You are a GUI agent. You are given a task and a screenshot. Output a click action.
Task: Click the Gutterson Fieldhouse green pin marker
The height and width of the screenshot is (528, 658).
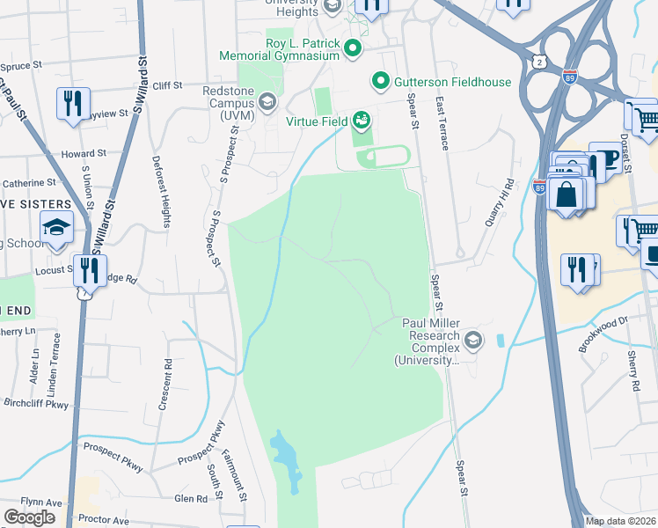381,82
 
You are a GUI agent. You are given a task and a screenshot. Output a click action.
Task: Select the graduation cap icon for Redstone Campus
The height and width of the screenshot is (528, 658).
266,104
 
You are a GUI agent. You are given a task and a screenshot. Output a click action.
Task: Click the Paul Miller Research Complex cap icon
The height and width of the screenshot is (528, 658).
473,340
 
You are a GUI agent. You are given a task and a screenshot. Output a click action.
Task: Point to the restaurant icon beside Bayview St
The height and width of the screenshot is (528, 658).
71,103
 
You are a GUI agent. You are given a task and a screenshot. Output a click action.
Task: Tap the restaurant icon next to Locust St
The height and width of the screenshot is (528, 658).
89,269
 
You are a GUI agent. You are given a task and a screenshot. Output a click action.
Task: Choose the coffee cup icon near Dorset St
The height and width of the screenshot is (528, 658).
605,158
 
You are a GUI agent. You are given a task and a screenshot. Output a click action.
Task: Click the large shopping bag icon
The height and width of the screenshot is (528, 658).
566,194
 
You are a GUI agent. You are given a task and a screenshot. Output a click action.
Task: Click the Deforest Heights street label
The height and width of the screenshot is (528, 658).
161,192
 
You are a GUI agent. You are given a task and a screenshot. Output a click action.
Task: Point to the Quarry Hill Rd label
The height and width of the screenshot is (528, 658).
498,203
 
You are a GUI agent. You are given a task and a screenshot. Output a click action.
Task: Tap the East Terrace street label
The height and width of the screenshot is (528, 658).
441,123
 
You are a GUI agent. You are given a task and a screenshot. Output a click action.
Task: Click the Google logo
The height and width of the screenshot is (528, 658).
29,517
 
